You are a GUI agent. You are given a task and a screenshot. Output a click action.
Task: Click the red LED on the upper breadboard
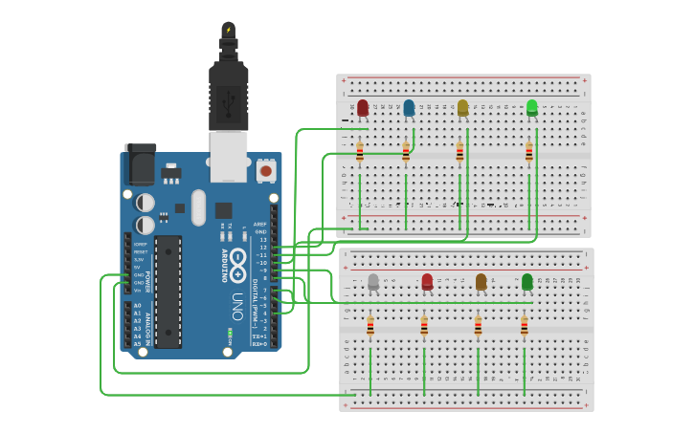[x=363, y=107]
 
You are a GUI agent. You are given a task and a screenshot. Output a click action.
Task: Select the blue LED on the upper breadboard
[x=409, y=107]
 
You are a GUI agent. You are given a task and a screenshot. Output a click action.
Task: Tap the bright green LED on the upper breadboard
[x=532, y=107]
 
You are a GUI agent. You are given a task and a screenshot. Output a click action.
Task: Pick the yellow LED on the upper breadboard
[x=463, y=107]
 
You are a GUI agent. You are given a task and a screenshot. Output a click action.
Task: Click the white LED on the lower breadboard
[x=373, y=281]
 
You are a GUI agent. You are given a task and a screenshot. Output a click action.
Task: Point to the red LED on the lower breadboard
[x=427, y=281]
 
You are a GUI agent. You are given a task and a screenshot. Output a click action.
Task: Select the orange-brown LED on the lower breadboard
[x=481, y=281]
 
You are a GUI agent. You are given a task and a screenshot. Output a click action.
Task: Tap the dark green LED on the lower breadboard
[x=527, y=281]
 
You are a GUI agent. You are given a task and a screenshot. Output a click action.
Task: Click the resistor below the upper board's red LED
[x=360, y=151]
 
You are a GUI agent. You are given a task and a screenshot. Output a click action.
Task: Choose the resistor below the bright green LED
[x=528, y=151]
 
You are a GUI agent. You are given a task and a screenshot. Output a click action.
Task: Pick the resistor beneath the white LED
[x=370, y=327]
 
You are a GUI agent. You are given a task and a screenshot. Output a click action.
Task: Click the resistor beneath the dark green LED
[x=524, y=327]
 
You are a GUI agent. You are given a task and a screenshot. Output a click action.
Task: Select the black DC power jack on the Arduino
[x=141, y=164]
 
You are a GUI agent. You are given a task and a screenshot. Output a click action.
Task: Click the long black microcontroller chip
[x=168, y=292]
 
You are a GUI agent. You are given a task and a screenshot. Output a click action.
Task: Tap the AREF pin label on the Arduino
[x=260, y=224]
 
